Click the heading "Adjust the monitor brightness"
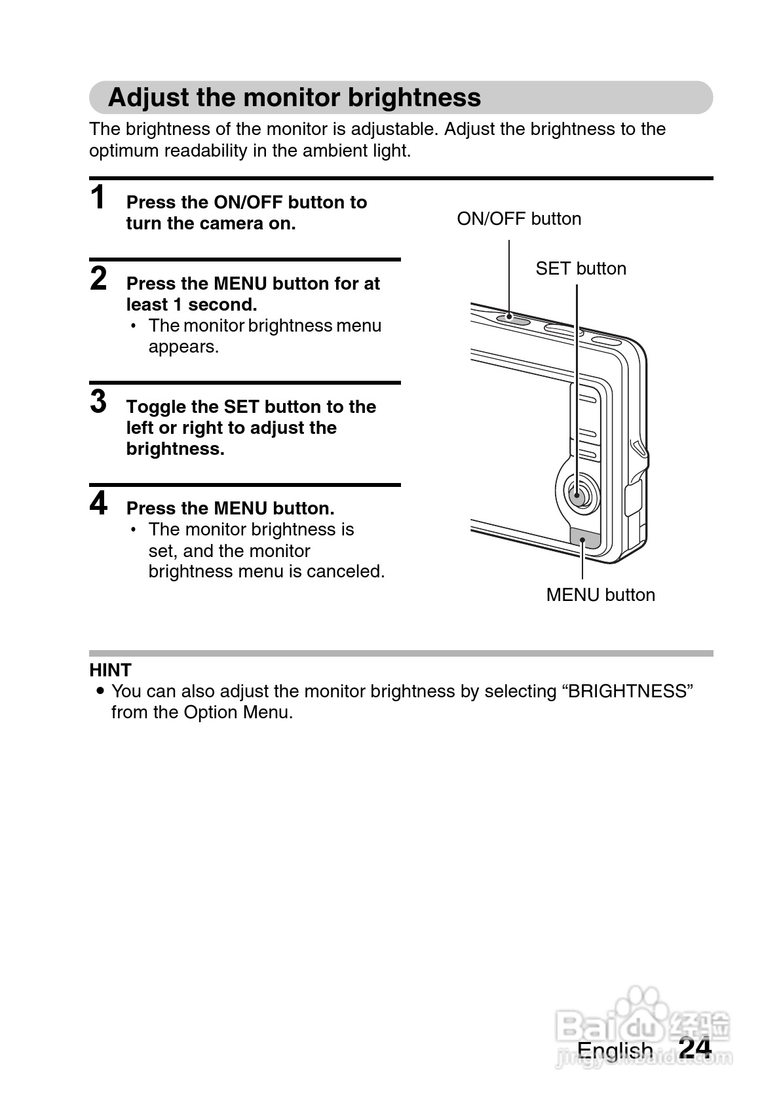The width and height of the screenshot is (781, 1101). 294,98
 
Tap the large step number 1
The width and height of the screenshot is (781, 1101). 98,198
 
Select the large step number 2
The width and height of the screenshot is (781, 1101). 98,279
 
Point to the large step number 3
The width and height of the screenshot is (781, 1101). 98,402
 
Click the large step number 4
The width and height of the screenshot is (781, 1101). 98,504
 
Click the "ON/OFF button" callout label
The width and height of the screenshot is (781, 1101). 519,219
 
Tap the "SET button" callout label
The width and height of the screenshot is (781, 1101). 581,269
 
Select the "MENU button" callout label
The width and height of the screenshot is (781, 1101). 600,595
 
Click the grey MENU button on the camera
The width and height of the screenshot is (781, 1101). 584,538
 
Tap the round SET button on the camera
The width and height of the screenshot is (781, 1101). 577,494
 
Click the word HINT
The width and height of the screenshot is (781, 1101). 110,670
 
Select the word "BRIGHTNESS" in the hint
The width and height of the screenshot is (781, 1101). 627,691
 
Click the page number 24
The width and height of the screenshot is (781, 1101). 695,1048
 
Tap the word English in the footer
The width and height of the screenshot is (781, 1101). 615,1051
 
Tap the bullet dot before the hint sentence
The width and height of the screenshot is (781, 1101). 100,691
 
